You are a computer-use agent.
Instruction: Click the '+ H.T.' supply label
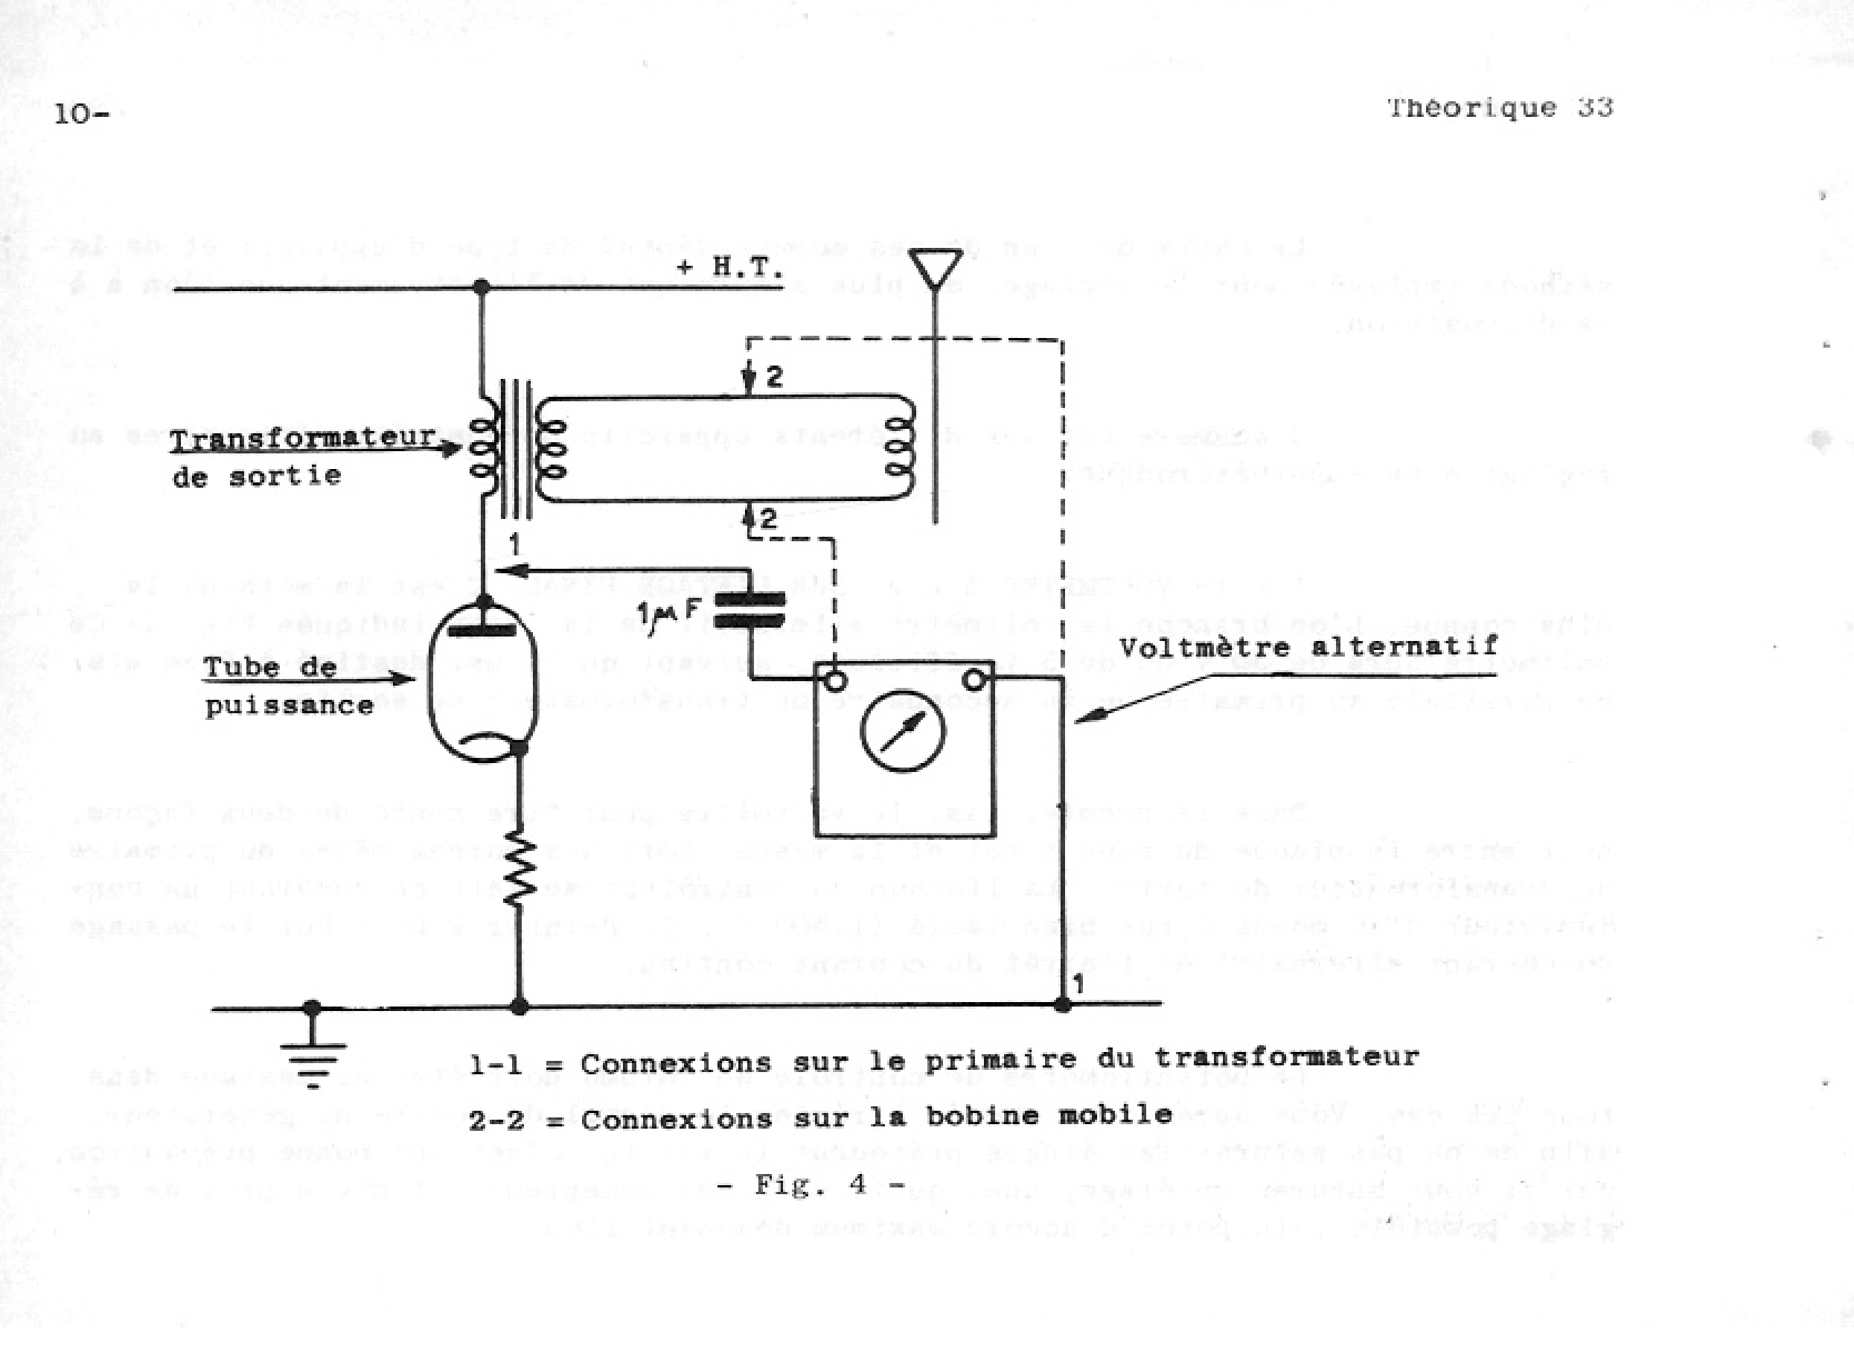point(729,267)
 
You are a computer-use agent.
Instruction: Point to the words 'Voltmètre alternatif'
point(1308,647)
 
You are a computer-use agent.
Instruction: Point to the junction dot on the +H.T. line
point(482,287)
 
